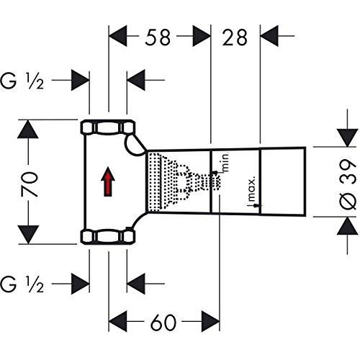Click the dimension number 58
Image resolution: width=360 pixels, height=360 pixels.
point(158,37)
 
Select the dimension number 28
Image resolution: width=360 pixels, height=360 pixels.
point(235,37)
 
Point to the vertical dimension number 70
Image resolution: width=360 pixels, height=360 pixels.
point(30,184)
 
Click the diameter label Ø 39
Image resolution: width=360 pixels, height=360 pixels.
point(348,184)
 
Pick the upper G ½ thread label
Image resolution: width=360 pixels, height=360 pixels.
point(22,81)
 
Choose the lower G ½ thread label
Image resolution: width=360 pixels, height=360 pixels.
point(22,284)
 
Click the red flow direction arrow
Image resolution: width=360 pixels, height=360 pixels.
point(108,181)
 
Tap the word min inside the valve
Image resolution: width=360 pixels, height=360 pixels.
point(225,163)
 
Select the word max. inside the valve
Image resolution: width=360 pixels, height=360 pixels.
point(251,189)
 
